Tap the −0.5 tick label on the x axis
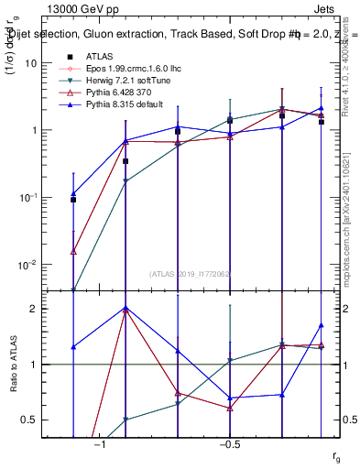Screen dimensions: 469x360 (229, 445)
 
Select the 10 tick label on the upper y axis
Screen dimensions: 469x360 (30, 63)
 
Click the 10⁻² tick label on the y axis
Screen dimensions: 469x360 (28, 265)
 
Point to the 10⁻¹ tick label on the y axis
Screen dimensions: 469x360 (28, 198)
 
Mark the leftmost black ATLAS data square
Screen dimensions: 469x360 (73, 200)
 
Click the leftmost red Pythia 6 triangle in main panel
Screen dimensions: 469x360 (73, 250)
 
